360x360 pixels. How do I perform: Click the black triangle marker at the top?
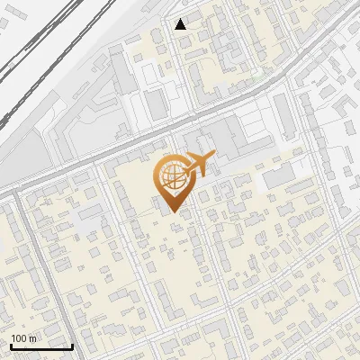tap(181, 24)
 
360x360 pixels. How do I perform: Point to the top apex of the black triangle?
tap(181, 19)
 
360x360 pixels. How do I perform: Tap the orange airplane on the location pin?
tap(200, 165)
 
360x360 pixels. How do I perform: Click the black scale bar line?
tap(40, 346)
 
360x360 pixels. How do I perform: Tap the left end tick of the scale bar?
tap(10, 345)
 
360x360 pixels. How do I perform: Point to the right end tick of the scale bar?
tap(72, 345)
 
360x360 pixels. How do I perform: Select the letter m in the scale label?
tap(33, 337)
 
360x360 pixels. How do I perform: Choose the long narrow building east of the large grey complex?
tap(283, 118)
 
